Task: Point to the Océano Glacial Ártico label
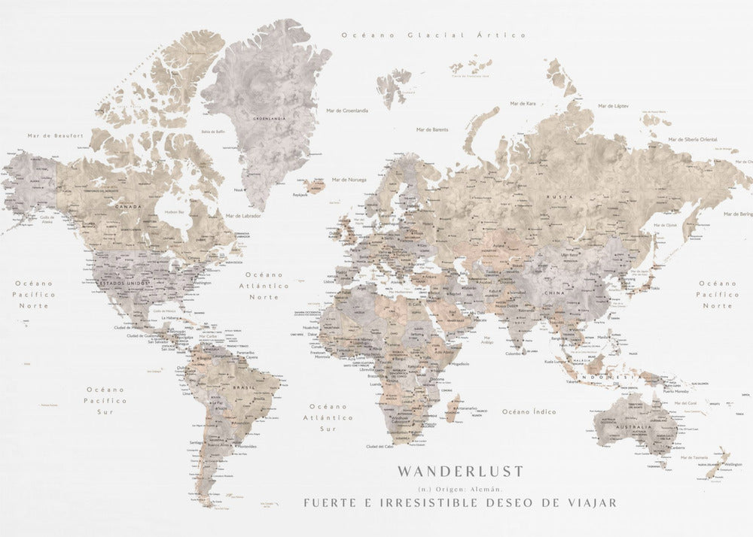click(433, 35)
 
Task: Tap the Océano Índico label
click(529, 411)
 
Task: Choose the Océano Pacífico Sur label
click(105, 401)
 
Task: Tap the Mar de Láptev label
click(611, 107)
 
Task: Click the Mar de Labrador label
click(242, 216)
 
